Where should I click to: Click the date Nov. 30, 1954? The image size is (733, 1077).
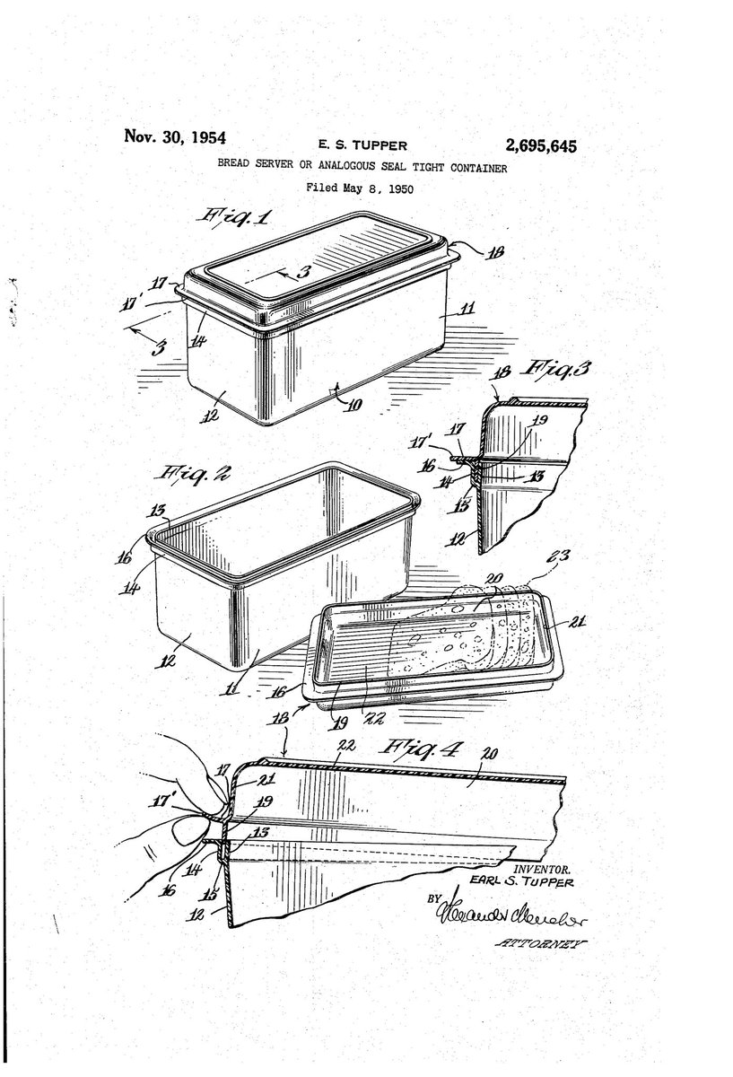(175, 137)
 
